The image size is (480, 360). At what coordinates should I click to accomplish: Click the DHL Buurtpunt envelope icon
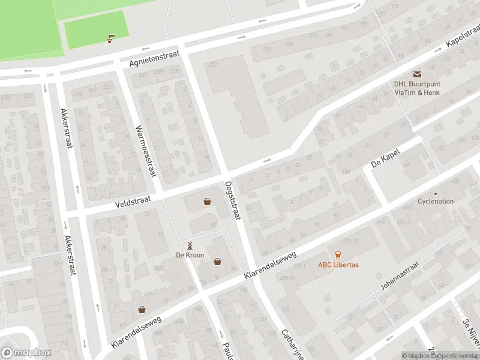point(416,74)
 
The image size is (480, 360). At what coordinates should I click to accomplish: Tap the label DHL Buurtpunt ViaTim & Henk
point(416,88)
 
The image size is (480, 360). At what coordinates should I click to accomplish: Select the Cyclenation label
point(436,202)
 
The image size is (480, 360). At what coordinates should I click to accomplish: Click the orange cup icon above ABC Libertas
point(338,254)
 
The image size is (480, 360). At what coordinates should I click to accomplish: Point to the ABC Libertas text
point(338,265)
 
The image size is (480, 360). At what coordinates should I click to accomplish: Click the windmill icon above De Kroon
point(190,245)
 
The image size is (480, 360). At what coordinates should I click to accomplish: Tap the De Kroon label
point(190,255)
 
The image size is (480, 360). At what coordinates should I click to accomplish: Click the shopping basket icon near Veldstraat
point(207,202)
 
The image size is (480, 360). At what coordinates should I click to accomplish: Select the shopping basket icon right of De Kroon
point(217,262)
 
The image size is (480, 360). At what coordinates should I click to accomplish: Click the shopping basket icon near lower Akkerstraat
point(142,310)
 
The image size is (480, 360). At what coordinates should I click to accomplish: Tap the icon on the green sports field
point(110,40)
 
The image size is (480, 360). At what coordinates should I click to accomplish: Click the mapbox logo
point(26,352)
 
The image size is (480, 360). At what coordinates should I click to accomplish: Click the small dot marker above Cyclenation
point(436,193)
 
